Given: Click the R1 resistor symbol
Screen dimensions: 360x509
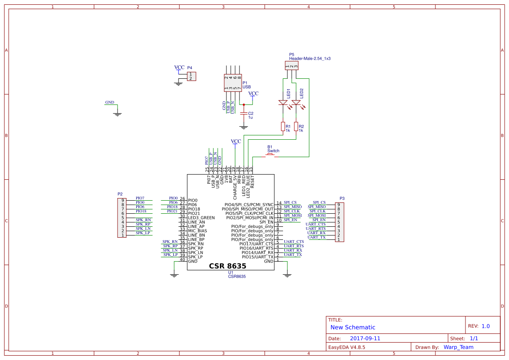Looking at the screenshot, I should pos(283,127).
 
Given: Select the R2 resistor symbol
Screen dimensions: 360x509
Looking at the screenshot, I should pos(296,127).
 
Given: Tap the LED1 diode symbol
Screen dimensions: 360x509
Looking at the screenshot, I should pos(283,103).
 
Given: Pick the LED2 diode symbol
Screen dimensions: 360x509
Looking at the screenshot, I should pos(296,103).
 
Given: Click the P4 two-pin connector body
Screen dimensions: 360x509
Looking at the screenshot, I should pos(191,77).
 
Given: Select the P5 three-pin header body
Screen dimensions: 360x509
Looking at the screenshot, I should pos(291,66).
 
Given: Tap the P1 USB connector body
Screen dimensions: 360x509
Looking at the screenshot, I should pos(233,83).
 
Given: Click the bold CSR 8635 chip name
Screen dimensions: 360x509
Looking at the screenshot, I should pos(228,266).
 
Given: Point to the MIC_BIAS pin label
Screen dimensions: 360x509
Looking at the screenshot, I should pos(198,231).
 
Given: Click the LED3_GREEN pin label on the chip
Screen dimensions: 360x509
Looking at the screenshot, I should pos(201,218).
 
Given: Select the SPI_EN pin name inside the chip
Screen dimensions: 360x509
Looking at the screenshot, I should pos(266,222).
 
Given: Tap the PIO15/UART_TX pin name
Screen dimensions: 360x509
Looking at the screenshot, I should pos(257,257).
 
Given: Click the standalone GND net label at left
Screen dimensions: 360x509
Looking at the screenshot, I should pos(110,103).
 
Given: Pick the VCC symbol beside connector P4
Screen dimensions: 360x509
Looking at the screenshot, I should pos(179,68).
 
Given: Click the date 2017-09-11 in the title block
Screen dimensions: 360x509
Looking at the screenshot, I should pos(365,338).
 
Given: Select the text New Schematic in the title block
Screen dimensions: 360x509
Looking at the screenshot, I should pos(353,327).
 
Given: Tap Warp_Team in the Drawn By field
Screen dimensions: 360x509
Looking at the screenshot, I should pos(458,347).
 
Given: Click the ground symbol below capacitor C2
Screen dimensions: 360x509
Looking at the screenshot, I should pos(244,127).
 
